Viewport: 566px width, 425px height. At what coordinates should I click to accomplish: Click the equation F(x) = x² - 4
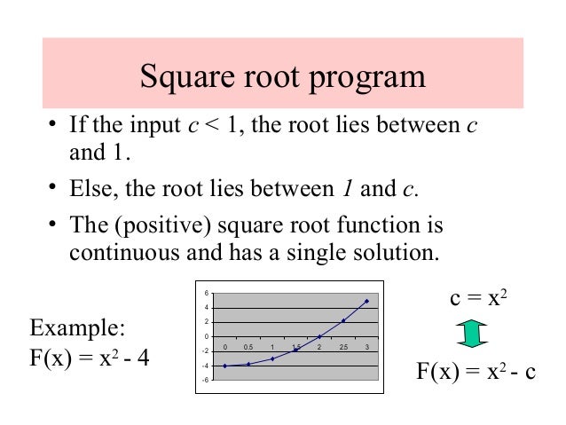(x=90, y=362)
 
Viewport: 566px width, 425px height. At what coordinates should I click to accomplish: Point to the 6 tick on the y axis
(x=208, y=294)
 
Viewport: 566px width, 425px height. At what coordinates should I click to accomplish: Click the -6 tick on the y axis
(x=206, y=380)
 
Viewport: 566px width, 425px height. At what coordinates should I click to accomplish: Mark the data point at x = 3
(x=366, y=301)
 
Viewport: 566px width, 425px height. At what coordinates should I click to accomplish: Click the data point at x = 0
(x=225, y=366)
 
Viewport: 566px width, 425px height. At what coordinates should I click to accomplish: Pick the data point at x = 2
(x=319, y=337)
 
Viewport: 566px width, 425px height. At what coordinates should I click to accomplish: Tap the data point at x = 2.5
(x=342, y=320)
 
